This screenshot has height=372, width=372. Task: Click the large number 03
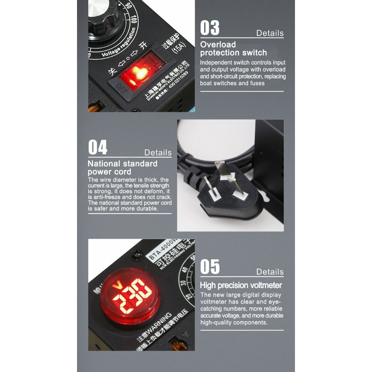(x=210, y=28)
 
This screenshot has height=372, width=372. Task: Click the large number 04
(x=98, y=148)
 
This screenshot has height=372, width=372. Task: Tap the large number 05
(x=210, y=267)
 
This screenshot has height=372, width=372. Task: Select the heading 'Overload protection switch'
(x=233, y=49)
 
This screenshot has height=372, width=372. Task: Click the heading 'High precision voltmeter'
(x=240, y=285)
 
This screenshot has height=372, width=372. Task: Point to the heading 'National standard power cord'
(x=122, y=167)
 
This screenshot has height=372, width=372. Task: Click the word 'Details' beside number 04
(x=158, y=153)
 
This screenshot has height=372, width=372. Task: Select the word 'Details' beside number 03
(x=270, y=33)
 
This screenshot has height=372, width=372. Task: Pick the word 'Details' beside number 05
(x=270, y=272)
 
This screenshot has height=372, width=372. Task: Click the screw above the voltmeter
(x=137, y=256)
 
